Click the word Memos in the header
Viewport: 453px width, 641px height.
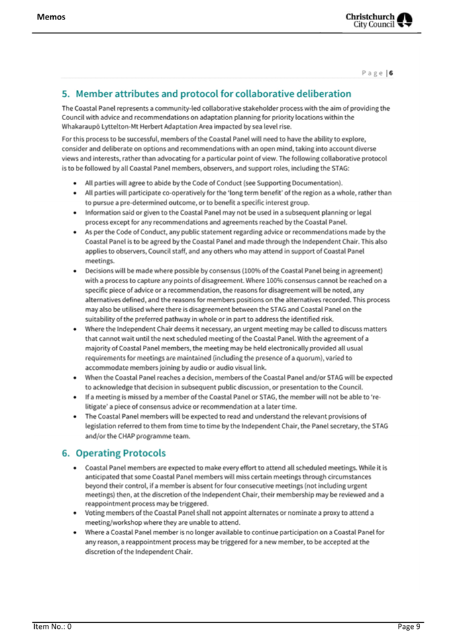[51, 15]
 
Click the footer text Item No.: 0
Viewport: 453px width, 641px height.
[52, 626]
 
